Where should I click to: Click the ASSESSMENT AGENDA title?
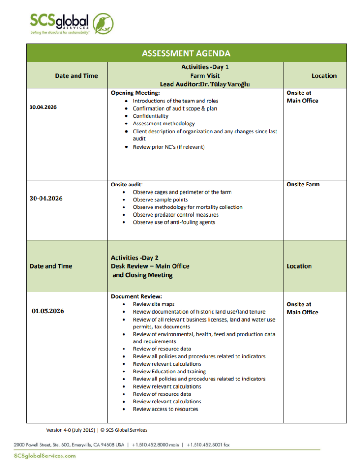pos(186,53)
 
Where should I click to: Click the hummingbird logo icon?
pos(103,23)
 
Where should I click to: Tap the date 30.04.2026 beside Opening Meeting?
pos(43,108)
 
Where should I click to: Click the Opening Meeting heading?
pos(135,93)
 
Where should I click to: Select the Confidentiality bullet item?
pos(151,116)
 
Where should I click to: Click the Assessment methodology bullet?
pos(164,124)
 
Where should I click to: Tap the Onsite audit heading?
pos(127,184)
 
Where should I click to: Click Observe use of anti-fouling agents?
pos(174,222)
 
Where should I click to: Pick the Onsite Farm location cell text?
pos(303,184)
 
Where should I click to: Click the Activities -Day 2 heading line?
pos(135,258)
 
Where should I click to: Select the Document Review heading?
pos(136,296)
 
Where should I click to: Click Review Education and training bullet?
pos(169,372)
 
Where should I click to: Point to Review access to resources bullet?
pos(165,409)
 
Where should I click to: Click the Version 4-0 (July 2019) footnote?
pos(71,430)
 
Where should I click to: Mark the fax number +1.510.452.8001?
pos(208,445)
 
